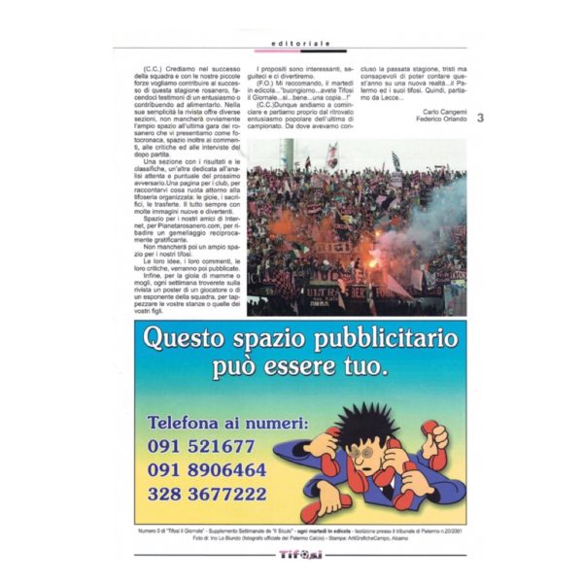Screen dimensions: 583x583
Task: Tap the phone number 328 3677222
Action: click(x=207, y=495)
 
